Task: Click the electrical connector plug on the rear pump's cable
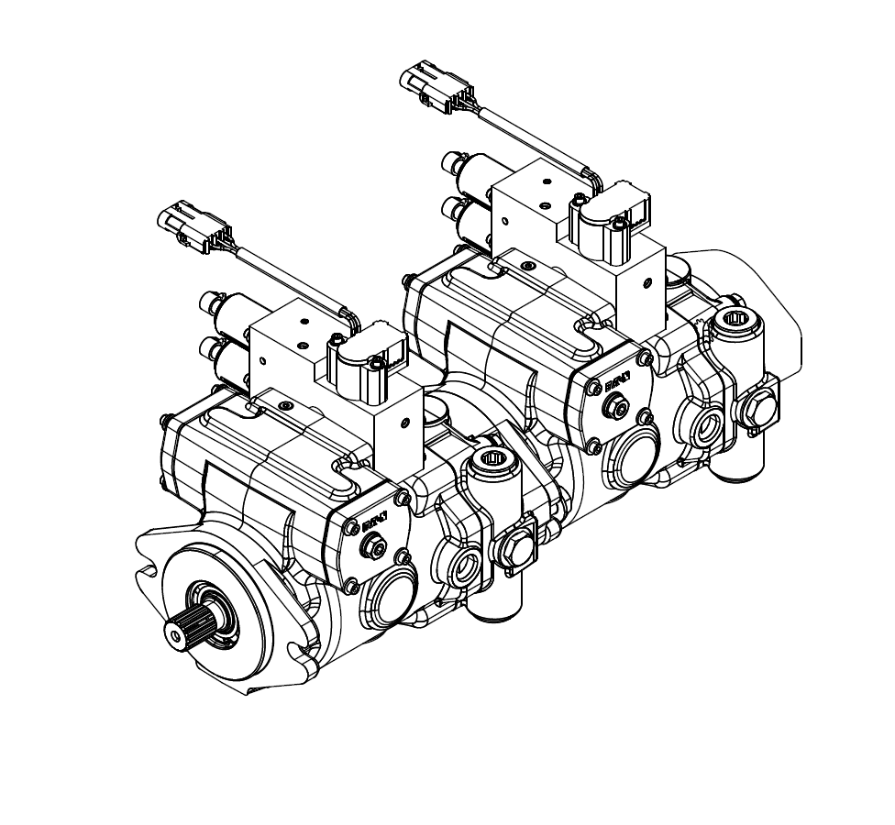[x=429, y=83]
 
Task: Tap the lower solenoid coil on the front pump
[x=224, y=357]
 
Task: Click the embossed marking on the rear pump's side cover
[x=616, y=380]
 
